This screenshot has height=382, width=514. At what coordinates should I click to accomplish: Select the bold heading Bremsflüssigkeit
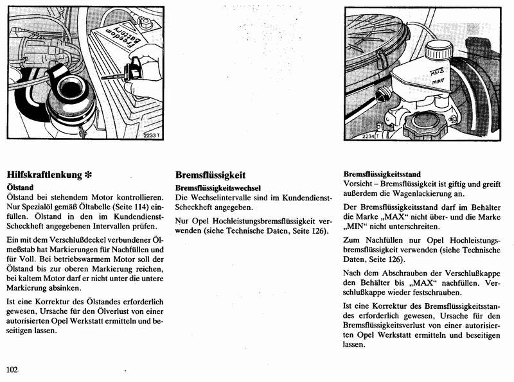(211, 174)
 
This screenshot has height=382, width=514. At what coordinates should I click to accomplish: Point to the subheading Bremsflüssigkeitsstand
(382, 174)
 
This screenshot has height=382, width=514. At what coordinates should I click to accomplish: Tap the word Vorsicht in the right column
(360, 184)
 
